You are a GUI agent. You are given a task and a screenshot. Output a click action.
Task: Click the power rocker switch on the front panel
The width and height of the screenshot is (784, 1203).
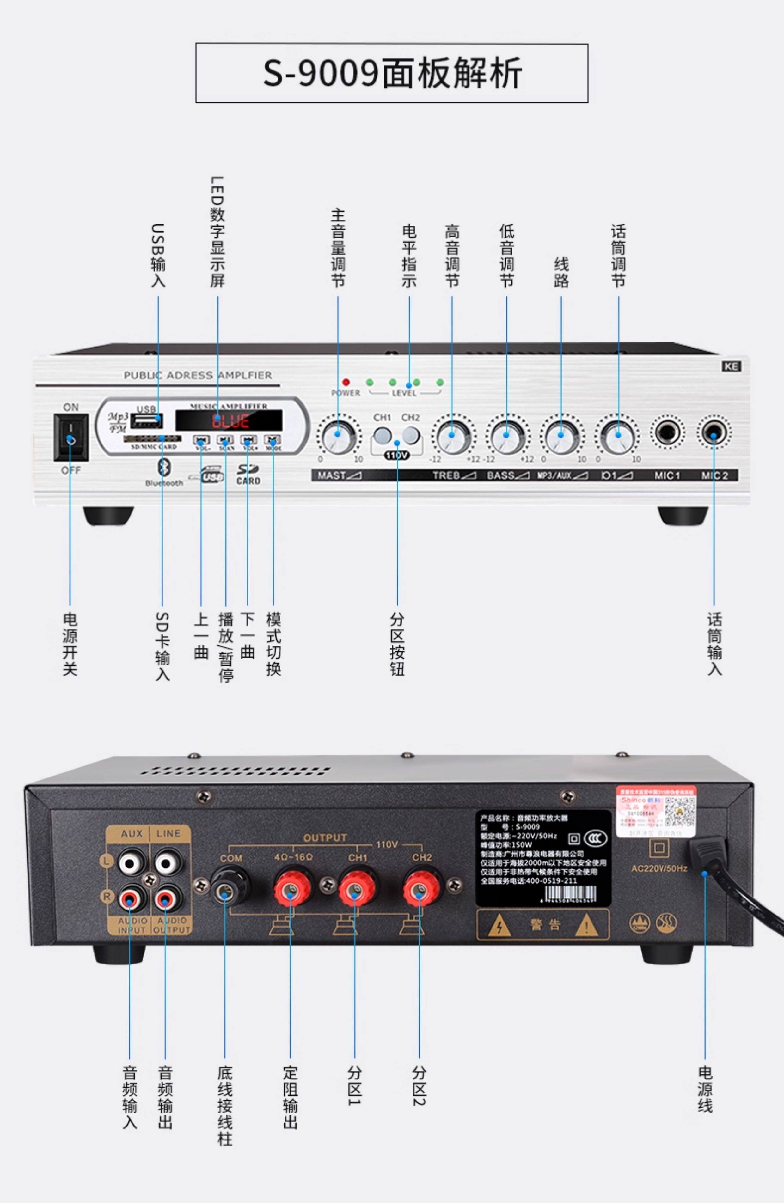(71, 437)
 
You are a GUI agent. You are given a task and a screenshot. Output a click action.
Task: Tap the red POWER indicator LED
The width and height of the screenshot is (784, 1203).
(346, 382)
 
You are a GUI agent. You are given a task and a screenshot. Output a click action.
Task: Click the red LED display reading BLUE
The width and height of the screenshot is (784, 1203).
(229, 420)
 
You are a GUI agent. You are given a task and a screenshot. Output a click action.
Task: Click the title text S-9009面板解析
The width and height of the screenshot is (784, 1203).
(392, 73)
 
